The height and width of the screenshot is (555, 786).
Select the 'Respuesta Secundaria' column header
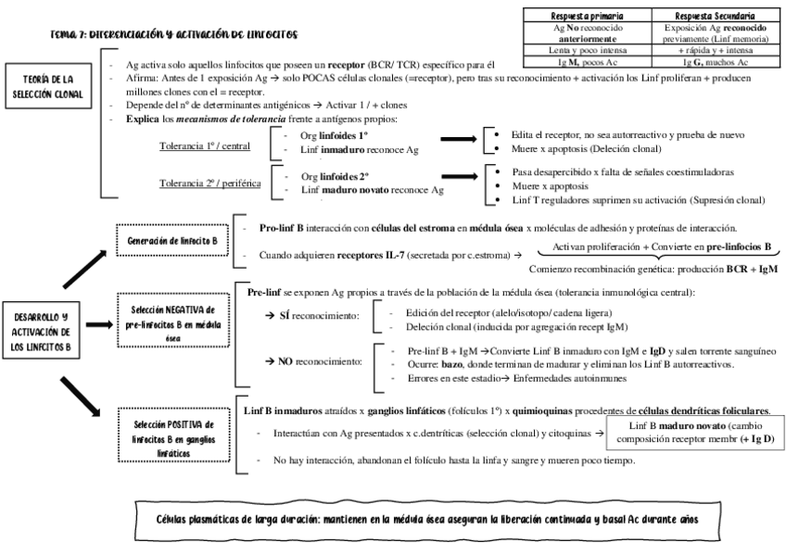[x=712, y=16]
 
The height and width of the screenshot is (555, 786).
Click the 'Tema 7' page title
[x=174, y=34]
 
